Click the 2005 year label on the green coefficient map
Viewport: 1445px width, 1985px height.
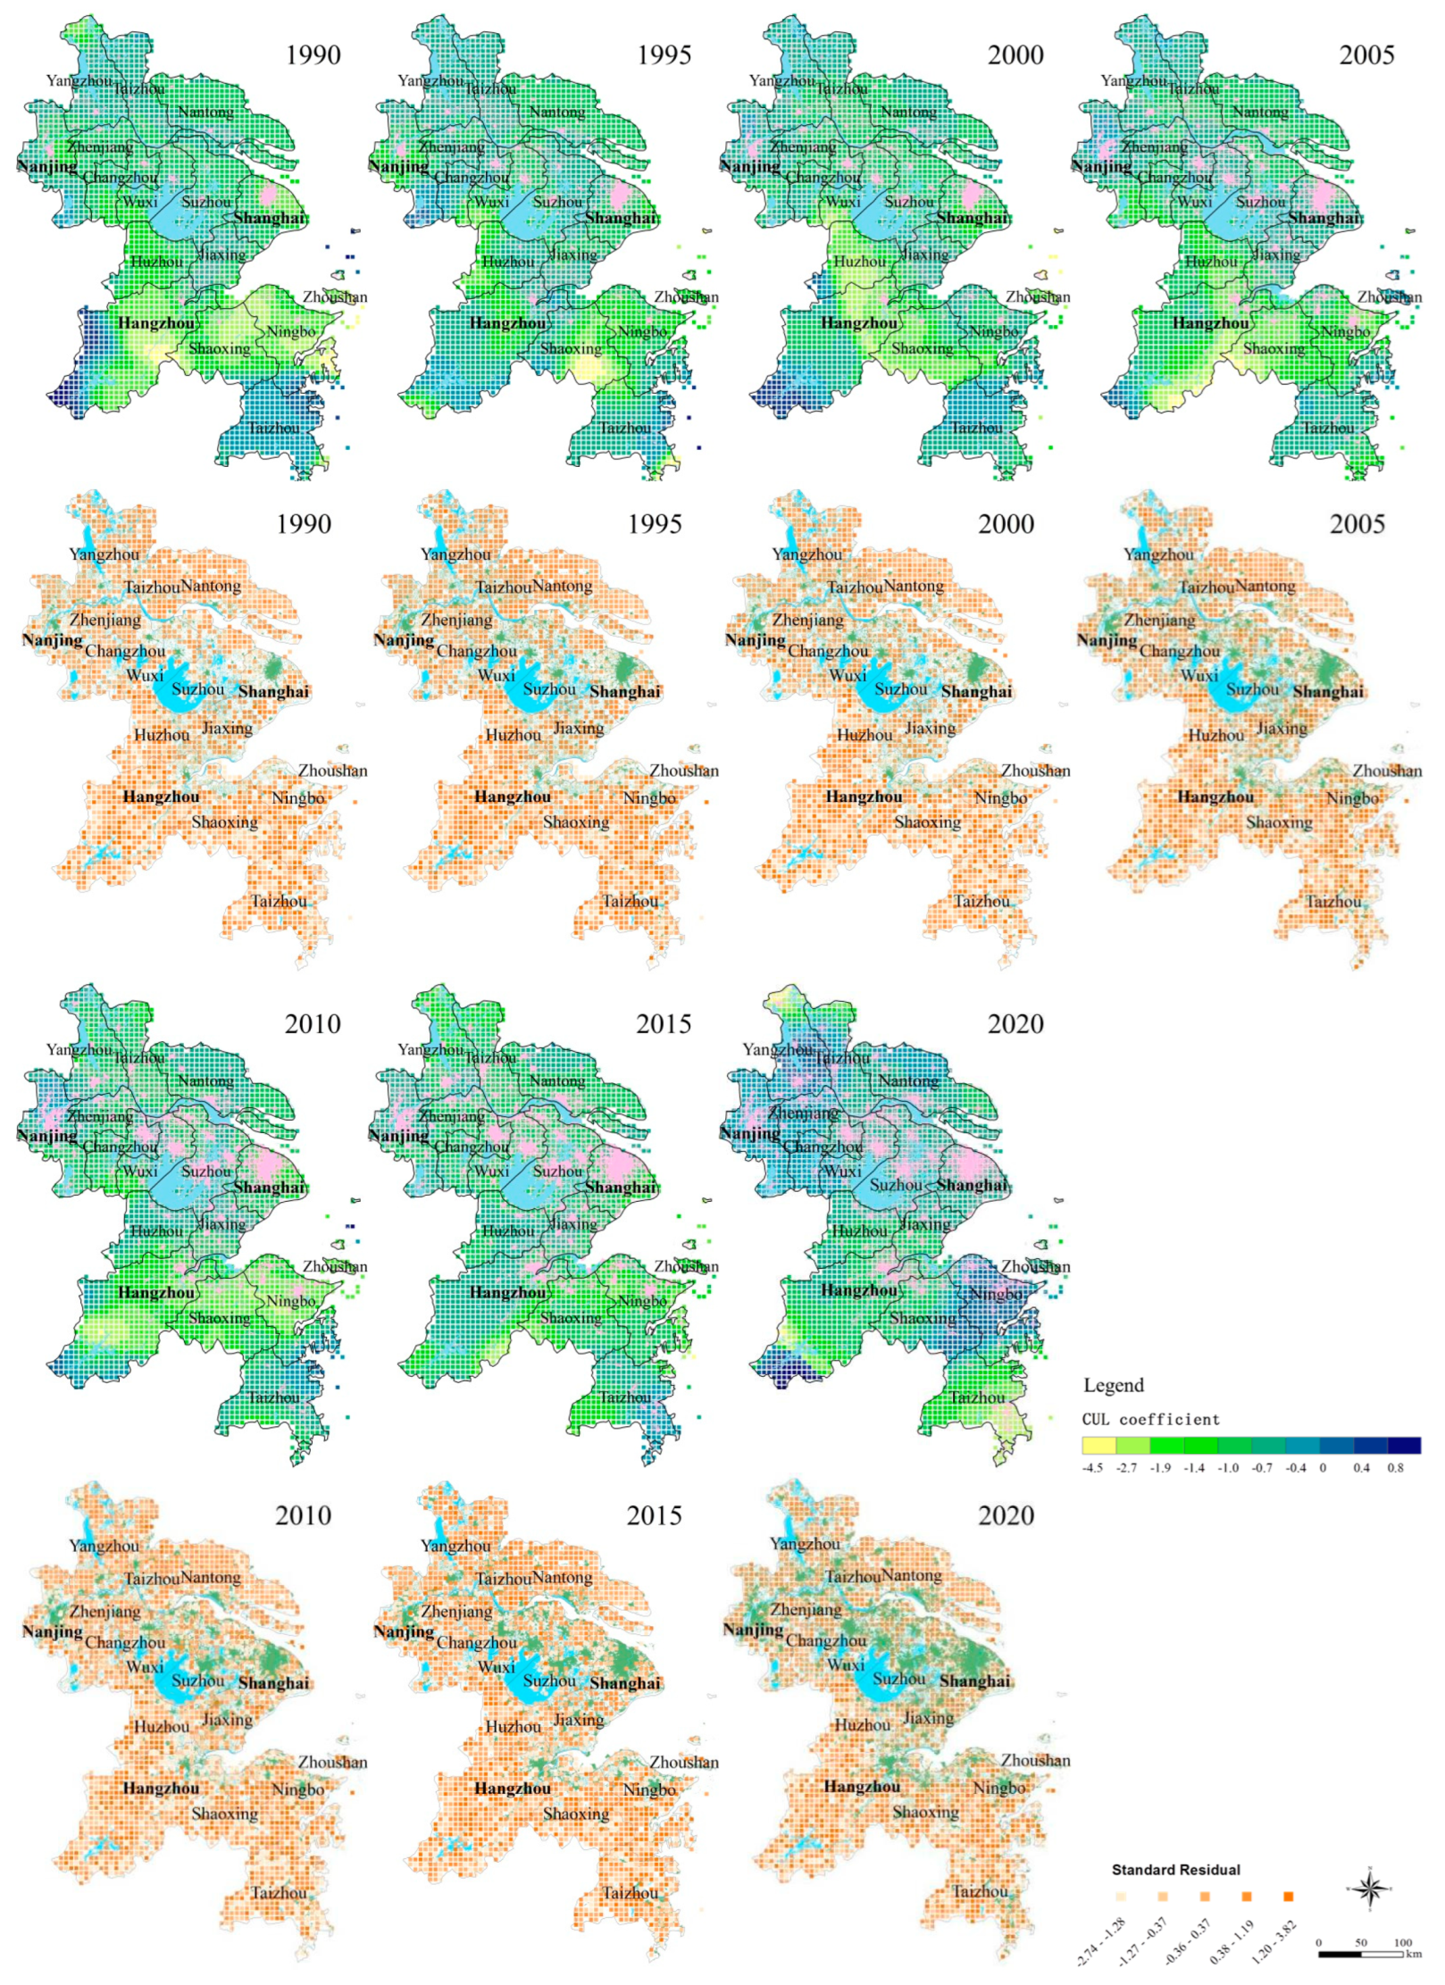(1366, 55)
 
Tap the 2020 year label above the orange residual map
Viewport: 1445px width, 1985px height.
(1006, 1515)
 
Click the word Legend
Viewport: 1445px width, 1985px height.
(1113, 1385)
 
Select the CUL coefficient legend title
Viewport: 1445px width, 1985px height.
(1150, 1420)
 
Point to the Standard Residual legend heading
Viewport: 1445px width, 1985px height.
(1175, 1870)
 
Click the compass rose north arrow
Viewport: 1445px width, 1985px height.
(1369, 1889)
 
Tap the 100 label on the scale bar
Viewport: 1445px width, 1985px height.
(1402, 1943)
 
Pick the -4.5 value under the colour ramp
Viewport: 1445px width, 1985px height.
(1092, 1468)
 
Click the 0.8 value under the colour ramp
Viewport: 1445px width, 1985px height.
(1395, 1468)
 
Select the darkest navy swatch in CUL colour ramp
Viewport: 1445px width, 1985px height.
(1404, 1446)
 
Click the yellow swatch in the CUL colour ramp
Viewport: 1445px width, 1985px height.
(1098, 1446)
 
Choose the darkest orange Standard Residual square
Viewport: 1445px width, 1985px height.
(1288, 1897)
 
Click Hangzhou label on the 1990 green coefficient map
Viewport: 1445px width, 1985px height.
(155, 323)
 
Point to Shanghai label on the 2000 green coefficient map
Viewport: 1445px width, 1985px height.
(973, 218)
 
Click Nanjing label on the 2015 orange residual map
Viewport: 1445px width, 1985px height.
(404, 1631)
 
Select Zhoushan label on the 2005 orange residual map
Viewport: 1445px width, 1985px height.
(1386, 771)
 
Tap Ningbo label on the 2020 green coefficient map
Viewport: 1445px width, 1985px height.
(996, 1294)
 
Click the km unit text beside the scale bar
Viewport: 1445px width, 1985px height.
(1413, 1953)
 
